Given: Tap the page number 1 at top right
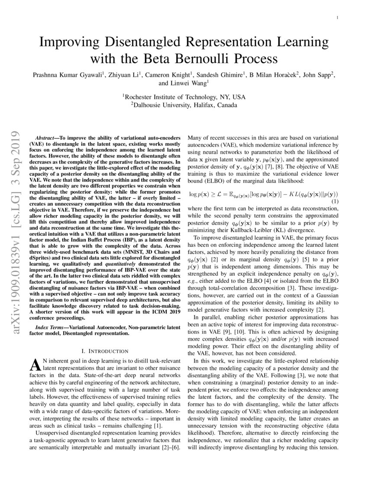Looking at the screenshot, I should pyautogui.click(x=337, y=17).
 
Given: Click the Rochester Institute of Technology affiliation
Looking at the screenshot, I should pyautogui.click(x=184, y=97).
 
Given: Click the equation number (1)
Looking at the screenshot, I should pyautogui.click(x=335, y=202).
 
